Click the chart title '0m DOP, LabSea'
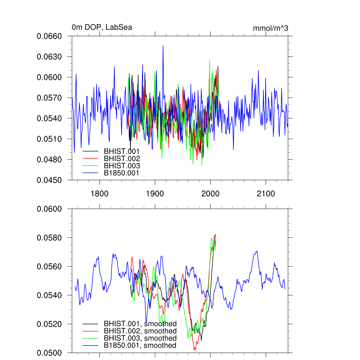tap(102, 27)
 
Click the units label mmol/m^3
tap(270, 28)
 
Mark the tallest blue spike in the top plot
tap(163, 46)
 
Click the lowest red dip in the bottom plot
tap(194, 350)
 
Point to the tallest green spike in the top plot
tap(210, 60)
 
